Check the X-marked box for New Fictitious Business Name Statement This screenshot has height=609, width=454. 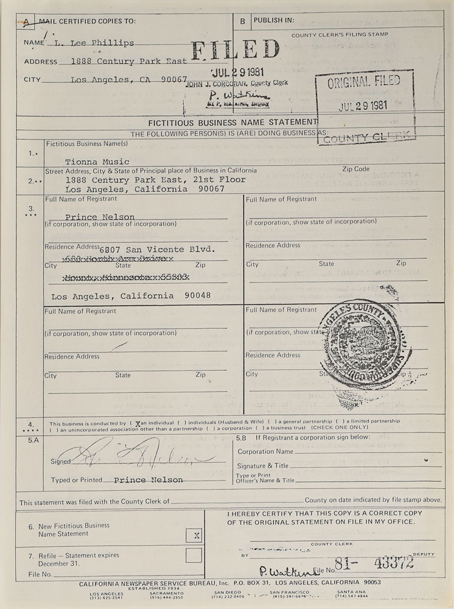(x=195, y=534)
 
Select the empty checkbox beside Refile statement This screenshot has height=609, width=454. (x=194, y=555)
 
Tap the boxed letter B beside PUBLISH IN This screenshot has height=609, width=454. (x=242, y=20)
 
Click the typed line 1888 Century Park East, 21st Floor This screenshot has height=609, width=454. (x=155, y=180)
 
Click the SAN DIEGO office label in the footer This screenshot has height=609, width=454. (x=228, y=593)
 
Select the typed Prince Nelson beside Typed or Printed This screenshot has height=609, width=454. (x=148, y=480)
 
